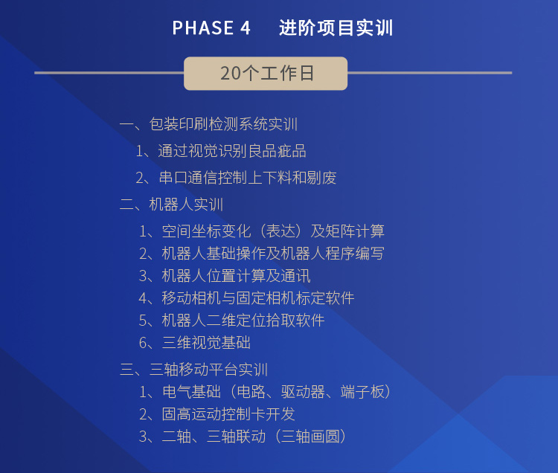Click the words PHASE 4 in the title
click(211, 28)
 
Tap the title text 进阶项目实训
click(336, 28)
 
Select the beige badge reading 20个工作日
click(266, 74)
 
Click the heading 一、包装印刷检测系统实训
click(208, 124)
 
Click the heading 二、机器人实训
click(172, 205)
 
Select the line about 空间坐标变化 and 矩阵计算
click(262, 231)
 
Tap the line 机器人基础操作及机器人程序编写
click(262, 254)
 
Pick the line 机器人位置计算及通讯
click(225, 276)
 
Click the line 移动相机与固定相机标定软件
click(246, 298)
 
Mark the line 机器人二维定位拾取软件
click(231, 321)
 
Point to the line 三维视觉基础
click(195, 343)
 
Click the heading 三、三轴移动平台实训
click(194, 370)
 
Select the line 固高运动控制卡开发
click(217, 414)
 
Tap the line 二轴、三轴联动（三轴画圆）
click(243, 437)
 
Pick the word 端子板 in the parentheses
click(362, 392)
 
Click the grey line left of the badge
click(109, 73)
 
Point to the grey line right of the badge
click(429, 73)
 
